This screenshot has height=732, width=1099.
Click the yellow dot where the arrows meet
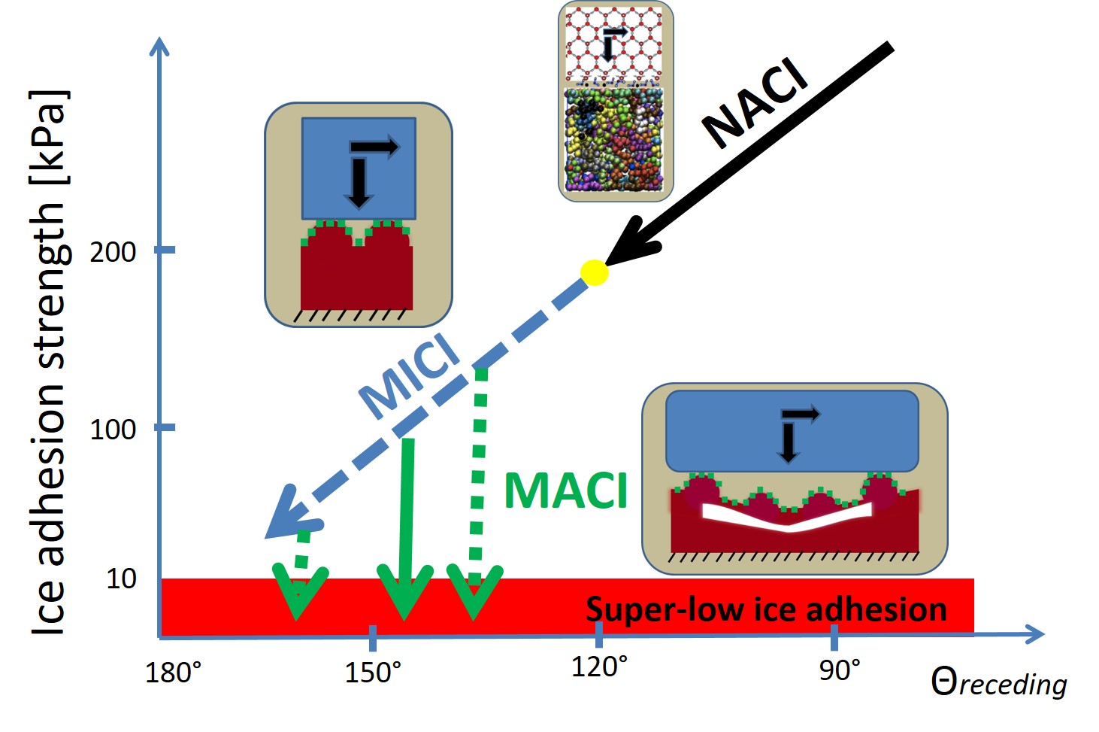click(594, 272)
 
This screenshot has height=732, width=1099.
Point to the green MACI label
click(565, 491)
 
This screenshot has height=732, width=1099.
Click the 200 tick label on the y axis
click(113, 251)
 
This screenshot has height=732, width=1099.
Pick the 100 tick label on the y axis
click(113, 430)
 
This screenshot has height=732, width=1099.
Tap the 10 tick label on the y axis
click(121, 579)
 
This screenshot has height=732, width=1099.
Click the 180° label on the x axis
click(173, 672)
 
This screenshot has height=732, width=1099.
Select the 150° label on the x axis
click(373, 672)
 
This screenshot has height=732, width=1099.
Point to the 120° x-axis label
click(599, 667)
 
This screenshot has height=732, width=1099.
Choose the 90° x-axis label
click(840, 670)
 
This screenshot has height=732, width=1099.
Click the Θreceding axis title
click(998, 683)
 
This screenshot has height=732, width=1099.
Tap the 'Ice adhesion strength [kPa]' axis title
click(50, 361)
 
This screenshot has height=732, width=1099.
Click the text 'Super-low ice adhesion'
click(766, 609)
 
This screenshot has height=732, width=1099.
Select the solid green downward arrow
click(406, 527)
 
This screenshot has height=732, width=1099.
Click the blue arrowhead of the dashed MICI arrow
click(289, 515)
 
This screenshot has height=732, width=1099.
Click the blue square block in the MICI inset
click(359, 168)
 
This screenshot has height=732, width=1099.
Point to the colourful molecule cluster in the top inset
click(615, 139)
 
